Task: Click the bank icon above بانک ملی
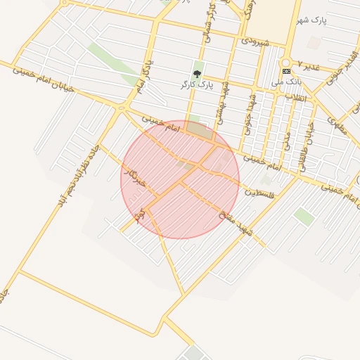286,71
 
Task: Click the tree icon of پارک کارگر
198,73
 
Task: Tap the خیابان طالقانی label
307,145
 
